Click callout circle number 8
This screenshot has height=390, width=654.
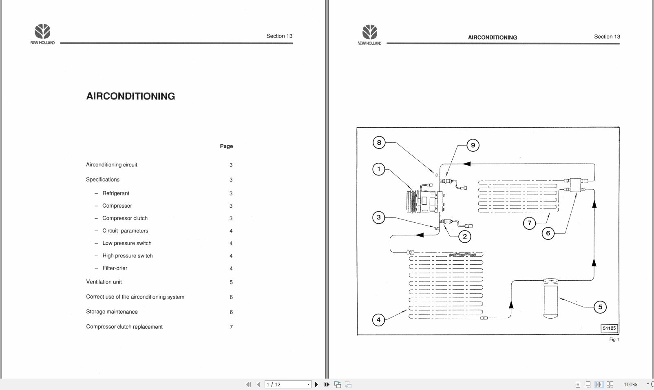tap(379, 142)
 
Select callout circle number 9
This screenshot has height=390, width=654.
tap(473, 145)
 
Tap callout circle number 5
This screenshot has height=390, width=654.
tap(600, 307)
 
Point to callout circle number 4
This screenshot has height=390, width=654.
tap(378, 320)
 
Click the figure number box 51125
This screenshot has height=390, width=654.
tap(609, 328)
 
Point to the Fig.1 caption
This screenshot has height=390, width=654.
tap(614, 339)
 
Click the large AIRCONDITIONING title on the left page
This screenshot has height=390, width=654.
tap(130, 96)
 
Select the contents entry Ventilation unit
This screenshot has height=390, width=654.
tap(104, 282)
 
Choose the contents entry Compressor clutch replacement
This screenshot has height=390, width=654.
tap(124, 327)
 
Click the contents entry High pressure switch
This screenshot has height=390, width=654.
tap(127, 256)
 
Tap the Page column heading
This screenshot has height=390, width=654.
tap(226, 146)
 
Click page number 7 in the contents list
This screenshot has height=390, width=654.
tap(231, 327)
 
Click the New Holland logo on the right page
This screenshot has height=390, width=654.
tap(369, 35)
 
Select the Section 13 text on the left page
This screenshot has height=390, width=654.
tap(279, 36)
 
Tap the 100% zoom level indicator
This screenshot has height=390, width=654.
tap(630, 384)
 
